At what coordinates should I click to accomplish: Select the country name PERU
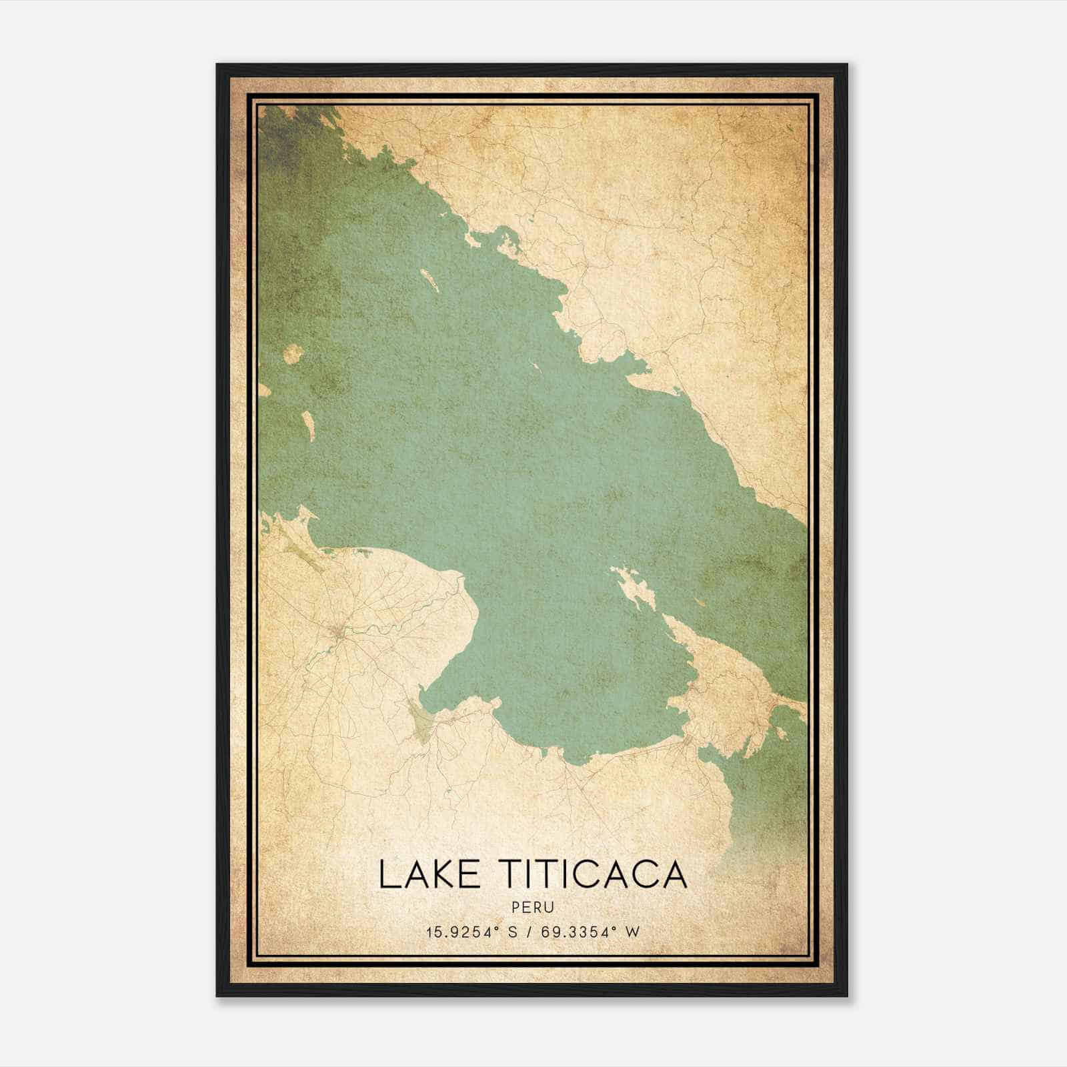click(x=533, y=908)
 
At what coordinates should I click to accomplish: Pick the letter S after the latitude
click(x=513, y=932)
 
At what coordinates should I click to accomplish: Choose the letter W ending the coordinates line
click(x=633, y=932)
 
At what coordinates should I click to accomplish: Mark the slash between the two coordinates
click(x=529, y=932)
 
